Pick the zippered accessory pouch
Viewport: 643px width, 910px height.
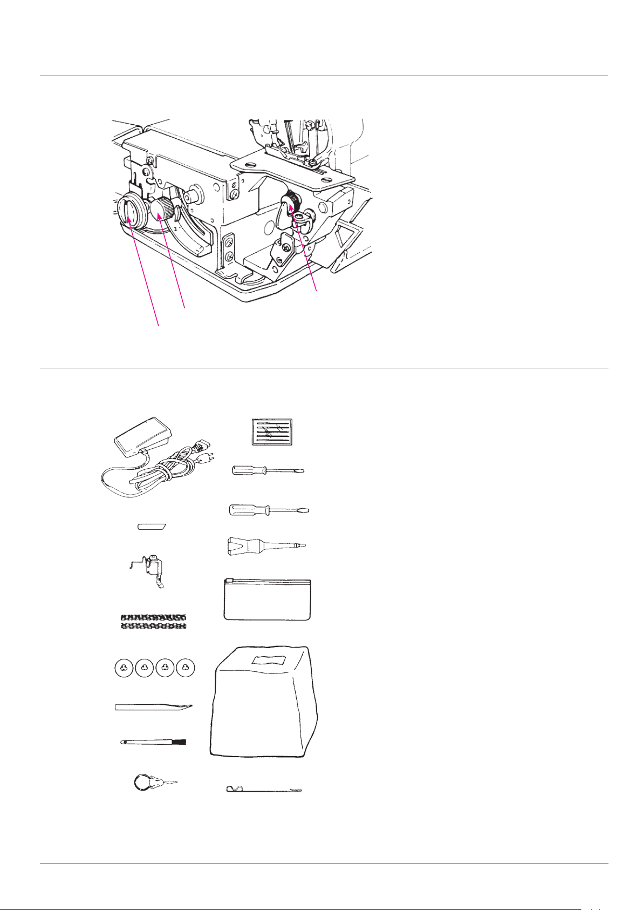[x=267, y=600]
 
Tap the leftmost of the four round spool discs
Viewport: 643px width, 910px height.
[x=124, y=668]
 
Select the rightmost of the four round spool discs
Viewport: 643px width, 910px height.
[x=186, y=668]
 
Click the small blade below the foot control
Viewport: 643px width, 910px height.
[x=152, y=526]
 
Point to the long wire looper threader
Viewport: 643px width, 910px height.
[x=263, y=790]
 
